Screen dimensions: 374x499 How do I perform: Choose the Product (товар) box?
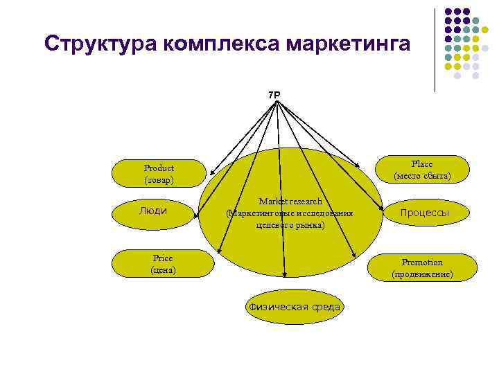pyautogui.click(x=159, y=174)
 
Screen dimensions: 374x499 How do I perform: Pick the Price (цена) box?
pyautogui.click(x=163, y=263)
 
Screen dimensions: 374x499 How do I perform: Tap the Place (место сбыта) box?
pyautogui.click(x=421, y=170)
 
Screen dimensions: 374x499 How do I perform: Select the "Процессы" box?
pyautogui.click(x=425, y=213)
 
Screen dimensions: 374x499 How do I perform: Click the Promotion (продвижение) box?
pyautogui.click(x=422, y=268)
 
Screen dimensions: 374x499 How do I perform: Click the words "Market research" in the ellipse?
pyautogui.click(x=290, y=202)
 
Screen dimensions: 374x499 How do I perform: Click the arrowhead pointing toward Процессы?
pyautogui.click(x=383, y=208)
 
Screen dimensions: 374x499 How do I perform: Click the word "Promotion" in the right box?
pyautogui.click(x=422, y=262)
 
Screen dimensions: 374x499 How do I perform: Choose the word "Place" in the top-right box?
pyautogui.click(x=421, y=164)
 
